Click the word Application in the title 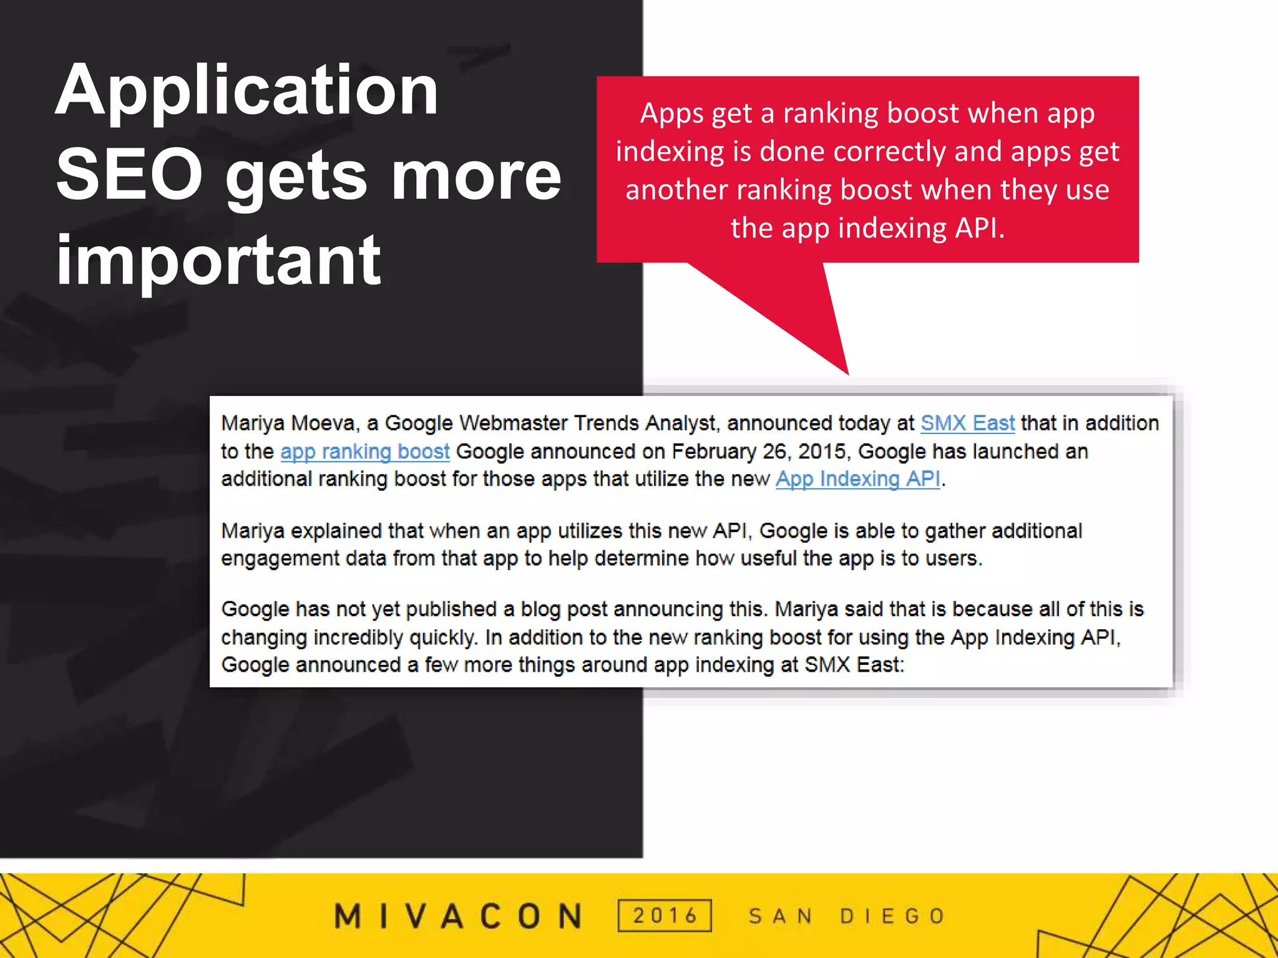click(x=246, y=92)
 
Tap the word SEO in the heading click(x=129, y=176)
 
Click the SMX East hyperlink click(x=967, y=423)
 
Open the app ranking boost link click(x=364, y=452)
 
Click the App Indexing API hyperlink click(x=857, y=479)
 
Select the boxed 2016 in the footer click(x=665, y=916)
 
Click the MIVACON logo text click(x=458, y=916)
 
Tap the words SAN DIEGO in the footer click(x=847, y=916)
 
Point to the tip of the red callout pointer click(x=847, y=372)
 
